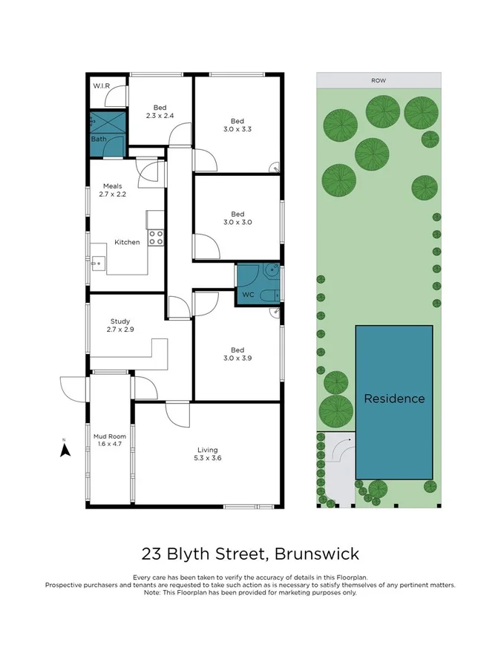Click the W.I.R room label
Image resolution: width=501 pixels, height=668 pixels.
101,86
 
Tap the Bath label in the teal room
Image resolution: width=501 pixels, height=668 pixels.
99,139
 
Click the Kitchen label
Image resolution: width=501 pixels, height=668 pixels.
127,242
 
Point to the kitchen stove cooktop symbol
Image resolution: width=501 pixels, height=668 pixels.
156,238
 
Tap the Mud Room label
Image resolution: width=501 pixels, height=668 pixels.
109,441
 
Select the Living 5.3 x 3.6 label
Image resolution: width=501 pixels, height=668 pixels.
208,453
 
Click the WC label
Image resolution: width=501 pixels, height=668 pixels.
249,295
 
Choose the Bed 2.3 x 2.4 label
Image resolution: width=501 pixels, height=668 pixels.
159,111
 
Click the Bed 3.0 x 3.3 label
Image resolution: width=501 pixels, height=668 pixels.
237,125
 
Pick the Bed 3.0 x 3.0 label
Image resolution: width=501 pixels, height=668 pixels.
237,218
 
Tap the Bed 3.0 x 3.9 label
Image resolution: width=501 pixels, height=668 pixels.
237,354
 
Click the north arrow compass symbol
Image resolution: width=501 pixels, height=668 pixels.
65,448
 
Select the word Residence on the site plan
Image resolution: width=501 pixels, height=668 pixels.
394,399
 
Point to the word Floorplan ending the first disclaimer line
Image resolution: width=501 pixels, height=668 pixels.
352,577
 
